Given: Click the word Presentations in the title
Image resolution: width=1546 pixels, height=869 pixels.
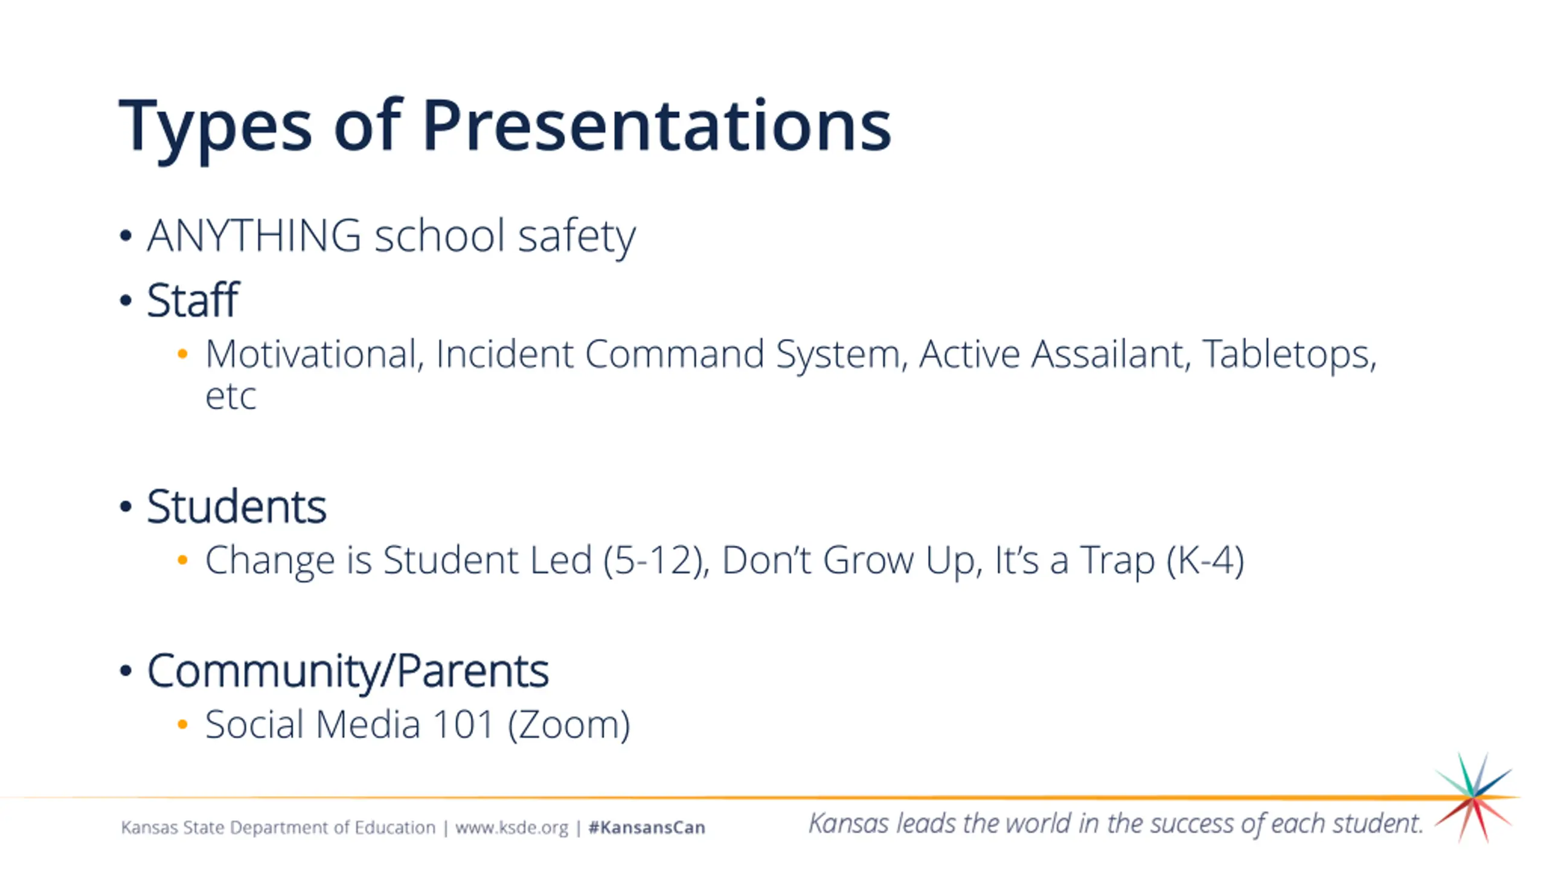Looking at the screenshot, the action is point(656,125).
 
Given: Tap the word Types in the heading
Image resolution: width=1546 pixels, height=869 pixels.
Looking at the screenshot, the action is point(216,130).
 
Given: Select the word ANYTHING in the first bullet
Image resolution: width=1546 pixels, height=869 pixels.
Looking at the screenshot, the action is point(254,235).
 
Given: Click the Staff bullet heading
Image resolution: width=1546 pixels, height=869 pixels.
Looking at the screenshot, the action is point(193,299).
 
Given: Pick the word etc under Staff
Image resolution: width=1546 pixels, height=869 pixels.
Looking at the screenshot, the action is point(231,397).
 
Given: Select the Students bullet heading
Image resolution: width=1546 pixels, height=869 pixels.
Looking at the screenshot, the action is point(237,506).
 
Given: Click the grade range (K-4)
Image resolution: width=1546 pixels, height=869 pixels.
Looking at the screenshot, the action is point(1205,561).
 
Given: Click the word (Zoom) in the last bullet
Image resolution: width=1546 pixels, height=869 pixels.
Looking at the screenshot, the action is point(569,725).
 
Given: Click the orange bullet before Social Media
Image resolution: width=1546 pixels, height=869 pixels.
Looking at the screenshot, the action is point(182,724).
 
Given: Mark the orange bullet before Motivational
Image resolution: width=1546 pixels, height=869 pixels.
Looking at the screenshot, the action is point(182,354).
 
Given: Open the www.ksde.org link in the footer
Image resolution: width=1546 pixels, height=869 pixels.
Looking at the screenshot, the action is point(512,827).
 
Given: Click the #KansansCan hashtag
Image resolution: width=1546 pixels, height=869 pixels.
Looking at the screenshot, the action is point(647,827).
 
